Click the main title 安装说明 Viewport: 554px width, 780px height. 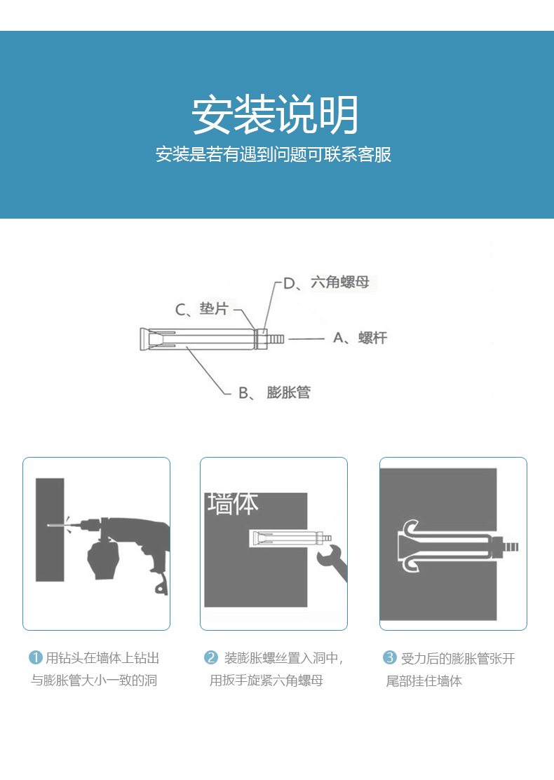tap(275, 114)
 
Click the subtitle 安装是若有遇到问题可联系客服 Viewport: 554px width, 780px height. tap(273, 154)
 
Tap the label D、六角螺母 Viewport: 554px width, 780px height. tap(327, 282)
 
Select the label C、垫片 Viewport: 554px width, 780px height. tap(201, 309)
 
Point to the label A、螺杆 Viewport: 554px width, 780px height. tap(360, 338)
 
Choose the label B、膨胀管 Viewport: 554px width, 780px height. tap(274, 392)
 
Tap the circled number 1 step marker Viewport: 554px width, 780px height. tap(36, 657)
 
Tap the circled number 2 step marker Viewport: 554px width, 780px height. tap(211, 657)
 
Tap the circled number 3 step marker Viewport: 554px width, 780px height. tap(390, 657)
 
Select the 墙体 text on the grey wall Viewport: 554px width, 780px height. tap(233, 503)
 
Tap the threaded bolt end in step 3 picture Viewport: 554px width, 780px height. tap(511, 547)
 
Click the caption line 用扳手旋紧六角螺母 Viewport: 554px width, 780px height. tap(266, 680)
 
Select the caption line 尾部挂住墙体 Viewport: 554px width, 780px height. tap(424, 680)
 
